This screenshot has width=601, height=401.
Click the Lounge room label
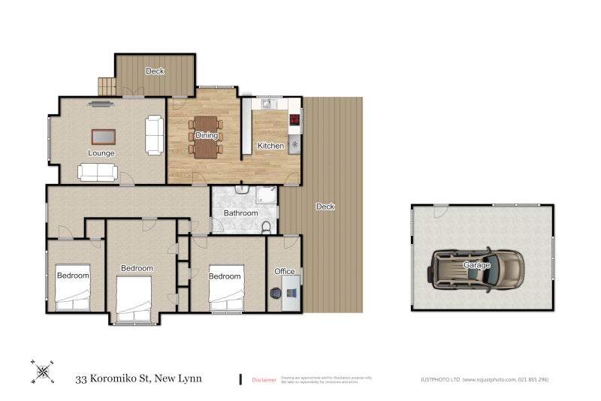(x=101, y=153)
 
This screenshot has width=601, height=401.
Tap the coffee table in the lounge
(x=104, y=136)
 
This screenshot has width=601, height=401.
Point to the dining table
(x=206, y=137)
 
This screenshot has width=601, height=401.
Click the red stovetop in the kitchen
(x=295, y=119)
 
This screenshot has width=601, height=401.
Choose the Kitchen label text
(x=270, y=145)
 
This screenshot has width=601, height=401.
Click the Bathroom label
(x=240, y=213)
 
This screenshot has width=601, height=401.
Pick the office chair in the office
(x=276, y=293)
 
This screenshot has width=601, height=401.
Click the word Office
(x=285, y=271)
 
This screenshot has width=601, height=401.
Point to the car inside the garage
(x=478, y=269)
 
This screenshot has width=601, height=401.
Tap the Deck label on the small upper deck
(x=155, y=71)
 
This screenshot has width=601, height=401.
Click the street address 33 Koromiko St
(x=138, y=378)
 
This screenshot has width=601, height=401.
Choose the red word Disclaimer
(x=264, y=380)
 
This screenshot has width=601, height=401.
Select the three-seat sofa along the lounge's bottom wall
(x=97, y=173)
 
